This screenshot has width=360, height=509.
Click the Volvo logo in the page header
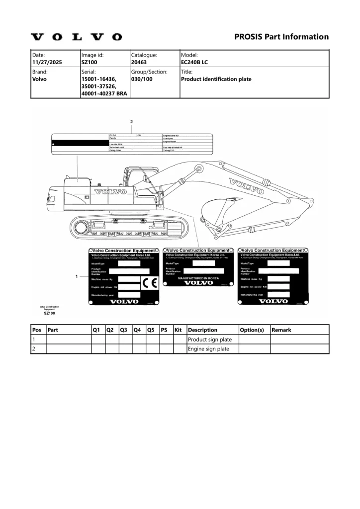pos(76,37)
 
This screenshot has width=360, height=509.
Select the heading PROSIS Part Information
pos(281,37)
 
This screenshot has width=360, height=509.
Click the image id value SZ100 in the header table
pos(90,63)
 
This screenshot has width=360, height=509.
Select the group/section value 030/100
pos(142,79)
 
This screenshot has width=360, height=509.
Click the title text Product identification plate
pos(216,79)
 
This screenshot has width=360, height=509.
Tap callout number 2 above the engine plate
pos(131,121)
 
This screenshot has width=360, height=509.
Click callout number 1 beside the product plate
pos(76,276)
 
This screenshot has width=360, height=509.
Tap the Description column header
pos(203,330)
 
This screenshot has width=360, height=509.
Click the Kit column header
pos(179,330)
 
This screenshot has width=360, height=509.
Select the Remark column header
pos(281,330)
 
